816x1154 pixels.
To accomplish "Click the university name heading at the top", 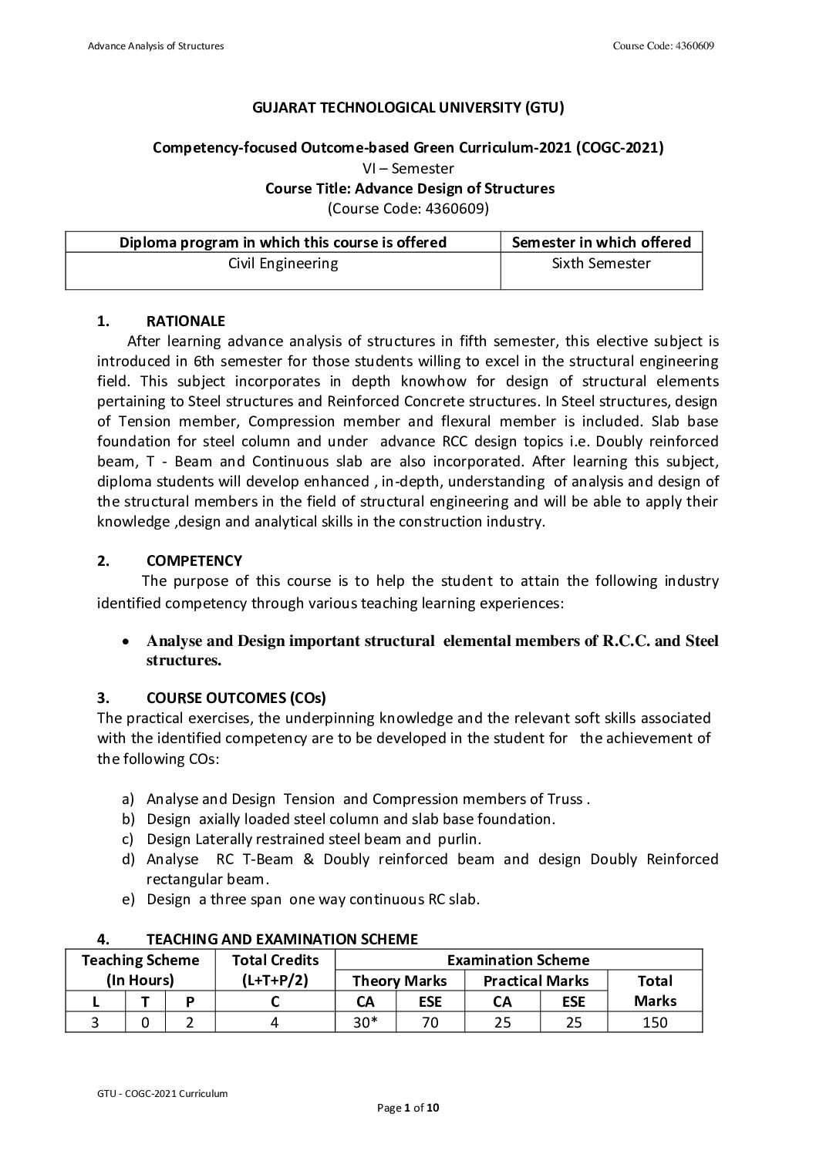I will pos(408,108).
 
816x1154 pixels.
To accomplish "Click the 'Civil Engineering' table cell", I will pos(283,264).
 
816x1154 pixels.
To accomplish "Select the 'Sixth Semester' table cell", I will pos(602,264).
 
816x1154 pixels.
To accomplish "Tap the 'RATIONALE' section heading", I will pos(185,321).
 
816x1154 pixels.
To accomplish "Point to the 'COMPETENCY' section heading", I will pos(194,560).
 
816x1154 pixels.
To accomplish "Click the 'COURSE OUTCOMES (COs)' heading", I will pos(236,698).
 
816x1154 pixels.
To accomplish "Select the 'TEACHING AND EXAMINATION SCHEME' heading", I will pos(282,939).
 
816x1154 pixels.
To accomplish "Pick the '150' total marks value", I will pos(655,1022).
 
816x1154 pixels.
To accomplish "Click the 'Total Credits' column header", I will pos(275,960).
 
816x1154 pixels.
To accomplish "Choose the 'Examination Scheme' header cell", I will pos(518,960).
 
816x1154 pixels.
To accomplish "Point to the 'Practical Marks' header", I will pos(536,981).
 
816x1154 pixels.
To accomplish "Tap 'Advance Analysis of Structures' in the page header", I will pos(156,46).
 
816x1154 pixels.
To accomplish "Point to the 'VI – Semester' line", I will pos(408,168).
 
